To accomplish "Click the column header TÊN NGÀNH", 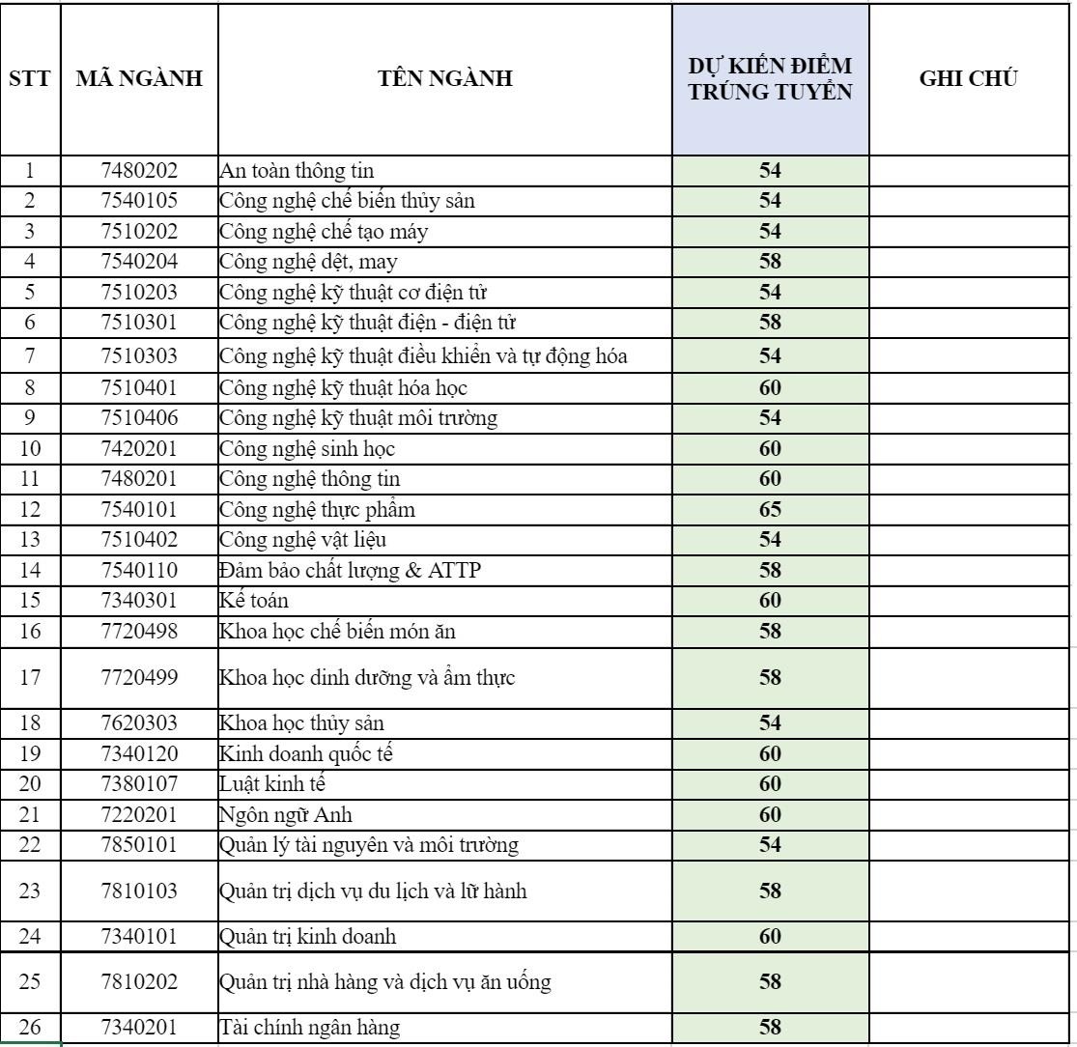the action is (444, 80).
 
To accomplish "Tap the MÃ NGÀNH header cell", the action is (139, 80).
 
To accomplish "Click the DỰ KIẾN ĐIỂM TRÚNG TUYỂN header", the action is (770, 80).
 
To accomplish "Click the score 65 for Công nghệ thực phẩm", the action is (770, 509).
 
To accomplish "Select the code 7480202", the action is (139, 171).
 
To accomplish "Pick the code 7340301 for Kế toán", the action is (139, 601).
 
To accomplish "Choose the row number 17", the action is (29, 677).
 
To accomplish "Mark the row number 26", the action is (29, 1029).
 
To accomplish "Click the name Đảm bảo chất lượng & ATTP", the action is (350, 571).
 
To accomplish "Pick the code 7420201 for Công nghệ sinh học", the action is (139, 448).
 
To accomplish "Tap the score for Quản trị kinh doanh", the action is (770, 937).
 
